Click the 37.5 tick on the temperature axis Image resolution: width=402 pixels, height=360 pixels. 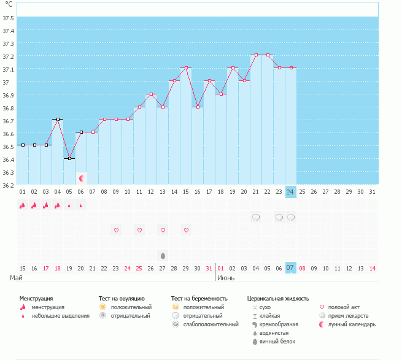9,17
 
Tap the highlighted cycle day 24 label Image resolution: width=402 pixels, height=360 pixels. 291,192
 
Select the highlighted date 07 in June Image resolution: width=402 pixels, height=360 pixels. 291,268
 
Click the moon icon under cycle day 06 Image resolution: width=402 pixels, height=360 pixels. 82,178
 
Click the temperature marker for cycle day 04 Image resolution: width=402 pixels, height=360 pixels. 58,119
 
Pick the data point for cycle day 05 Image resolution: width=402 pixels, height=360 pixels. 69,158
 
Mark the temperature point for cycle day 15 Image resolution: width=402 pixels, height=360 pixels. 187,67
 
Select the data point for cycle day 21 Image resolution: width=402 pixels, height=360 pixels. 257,55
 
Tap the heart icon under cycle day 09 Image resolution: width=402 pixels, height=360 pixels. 117,230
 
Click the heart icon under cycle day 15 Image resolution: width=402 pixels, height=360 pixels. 187,230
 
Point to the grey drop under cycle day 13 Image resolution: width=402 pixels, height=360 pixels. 163,255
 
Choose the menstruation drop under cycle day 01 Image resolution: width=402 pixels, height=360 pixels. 23,205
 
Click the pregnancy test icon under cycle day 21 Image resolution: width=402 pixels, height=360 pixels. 257,217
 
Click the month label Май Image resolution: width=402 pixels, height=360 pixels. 17,278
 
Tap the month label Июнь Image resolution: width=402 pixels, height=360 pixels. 226,278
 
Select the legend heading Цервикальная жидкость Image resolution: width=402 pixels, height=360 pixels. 277,298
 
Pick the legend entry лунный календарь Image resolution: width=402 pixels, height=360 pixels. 352,324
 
